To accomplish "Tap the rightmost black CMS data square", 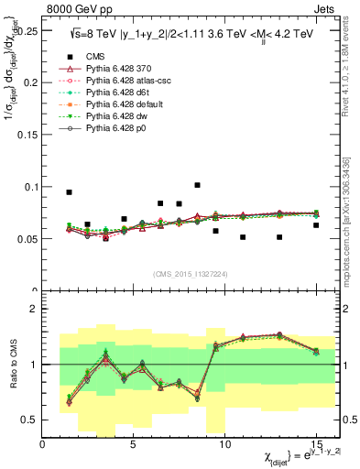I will pyautogui.click(x=316, y=225).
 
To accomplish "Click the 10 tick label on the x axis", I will pyautogui.click(x=224, y=444).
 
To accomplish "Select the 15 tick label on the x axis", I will pyautogui.click(x=315, y=444).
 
